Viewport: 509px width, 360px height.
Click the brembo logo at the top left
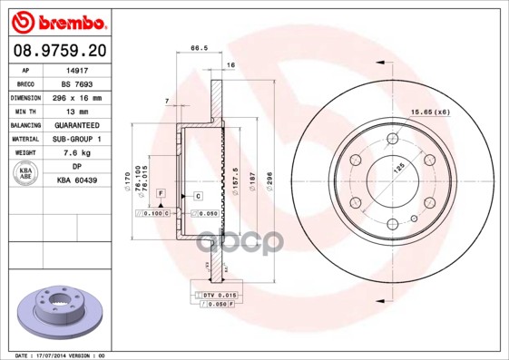point(56,19)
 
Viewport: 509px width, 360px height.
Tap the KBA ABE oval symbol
point(26,174)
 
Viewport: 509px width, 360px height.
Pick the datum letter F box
point(160,194)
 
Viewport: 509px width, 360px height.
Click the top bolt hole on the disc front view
point(392,138)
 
